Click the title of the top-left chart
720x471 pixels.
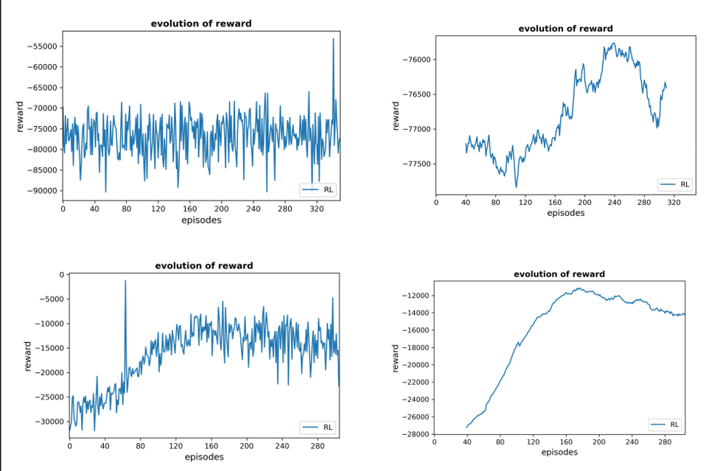[201, 24]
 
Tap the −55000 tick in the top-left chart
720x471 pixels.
[42, 46]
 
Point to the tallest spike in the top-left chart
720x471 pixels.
[333, 40]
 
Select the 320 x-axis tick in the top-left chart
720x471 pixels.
[317, 209]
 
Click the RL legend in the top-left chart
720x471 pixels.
[318, 190]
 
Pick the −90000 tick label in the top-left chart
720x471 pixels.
[42, 190]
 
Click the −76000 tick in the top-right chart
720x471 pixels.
[416, 60]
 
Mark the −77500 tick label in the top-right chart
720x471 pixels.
[416, 164]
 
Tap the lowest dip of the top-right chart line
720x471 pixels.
[516, 187]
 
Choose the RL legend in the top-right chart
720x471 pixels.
[675, 184]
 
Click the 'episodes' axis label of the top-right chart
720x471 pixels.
[565, 213]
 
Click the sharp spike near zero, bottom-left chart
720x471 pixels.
[125, 281]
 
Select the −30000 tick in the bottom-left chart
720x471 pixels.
[48, 422]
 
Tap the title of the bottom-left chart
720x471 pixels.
[204, 265]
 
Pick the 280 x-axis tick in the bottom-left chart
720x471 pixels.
[317, 446]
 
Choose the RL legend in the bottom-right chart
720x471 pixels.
[665, 425]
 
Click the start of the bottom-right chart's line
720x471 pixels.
[466, 428]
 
